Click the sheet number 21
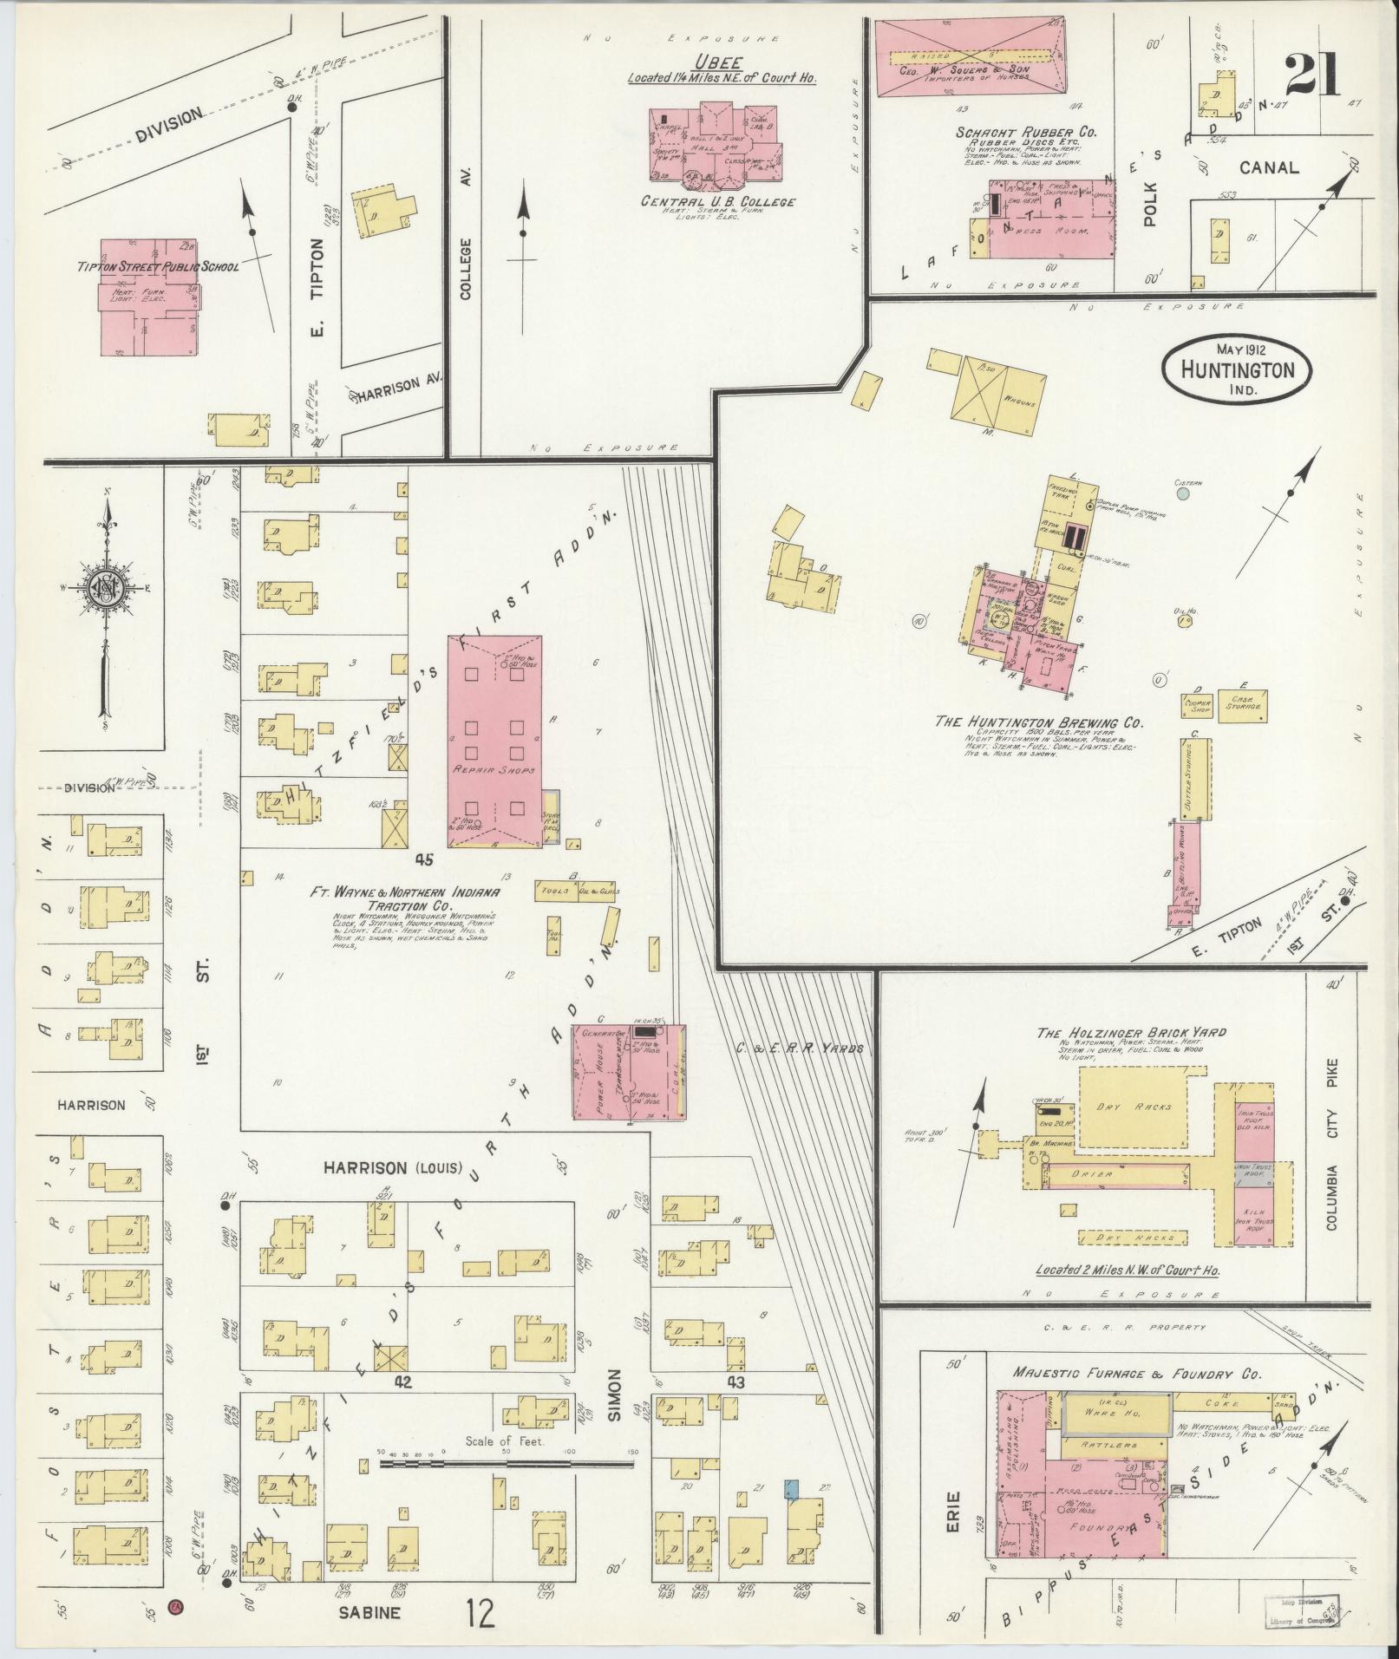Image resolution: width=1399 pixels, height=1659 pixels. pos(1311,76)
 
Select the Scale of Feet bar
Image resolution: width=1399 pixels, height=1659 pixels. pos(507,1463)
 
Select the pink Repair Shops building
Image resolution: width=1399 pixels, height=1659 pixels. pos(494,741)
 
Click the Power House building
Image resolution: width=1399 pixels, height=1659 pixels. pos(628,1072)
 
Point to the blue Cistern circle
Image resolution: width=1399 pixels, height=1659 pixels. pos(1182,494)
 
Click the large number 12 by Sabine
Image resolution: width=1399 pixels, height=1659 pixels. pos(480,1613)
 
